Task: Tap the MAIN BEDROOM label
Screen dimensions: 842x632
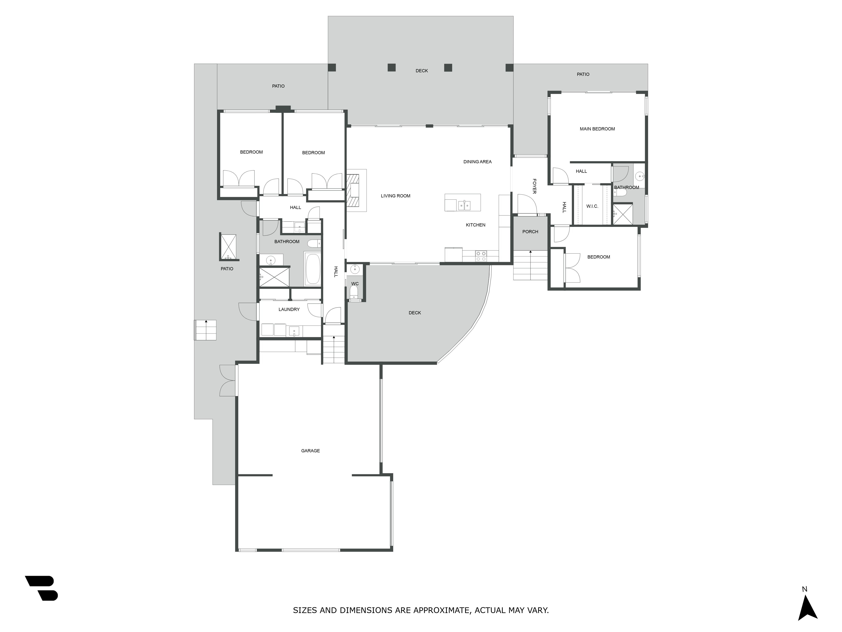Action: tap(597, 129)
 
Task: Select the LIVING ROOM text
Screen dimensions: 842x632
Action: tap(396, 196)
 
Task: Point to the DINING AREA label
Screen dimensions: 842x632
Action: tap(477, 162)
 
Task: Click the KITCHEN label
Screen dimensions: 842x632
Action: tap(476, 225)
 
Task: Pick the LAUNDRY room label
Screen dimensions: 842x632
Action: tap(289, 309)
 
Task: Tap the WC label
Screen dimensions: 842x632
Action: tap(355, 284)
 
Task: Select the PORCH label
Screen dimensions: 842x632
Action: tap(530, 232)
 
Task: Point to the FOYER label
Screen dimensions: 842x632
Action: tap(534, 186)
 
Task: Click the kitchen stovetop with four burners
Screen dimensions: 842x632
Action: tap(481, 256)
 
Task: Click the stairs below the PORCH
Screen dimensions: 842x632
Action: tap(530, 265)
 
